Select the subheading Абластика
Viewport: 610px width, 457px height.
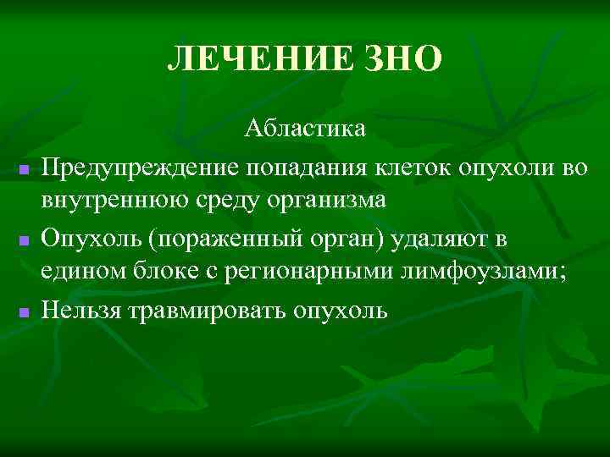pos(305,129)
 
